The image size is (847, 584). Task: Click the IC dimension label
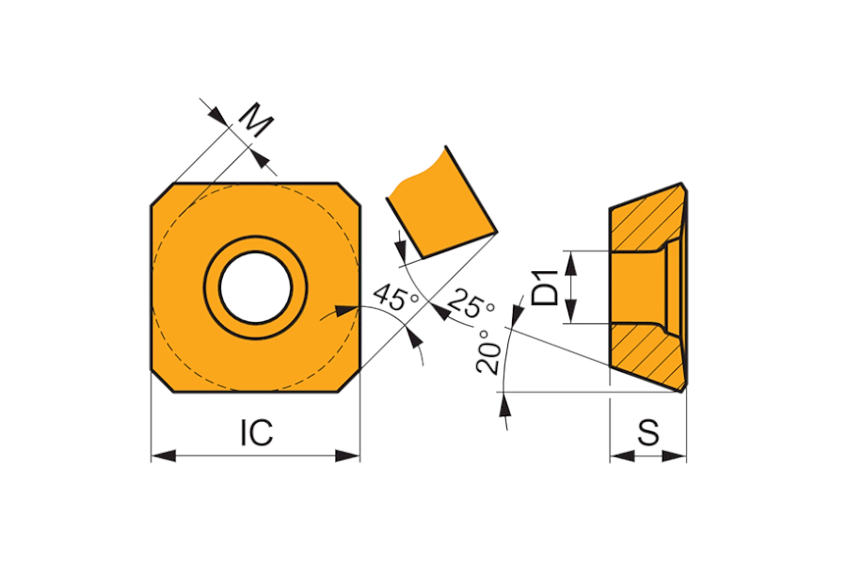(257, 432)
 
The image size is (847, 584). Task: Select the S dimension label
(648, 432)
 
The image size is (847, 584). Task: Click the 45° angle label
(397, 297)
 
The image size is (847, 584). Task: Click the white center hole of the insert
(255, 288)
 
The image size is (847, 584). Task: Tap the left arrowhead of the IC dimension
(164, 455)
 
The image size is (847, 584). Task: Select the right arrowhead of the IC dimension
(347, 455)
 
